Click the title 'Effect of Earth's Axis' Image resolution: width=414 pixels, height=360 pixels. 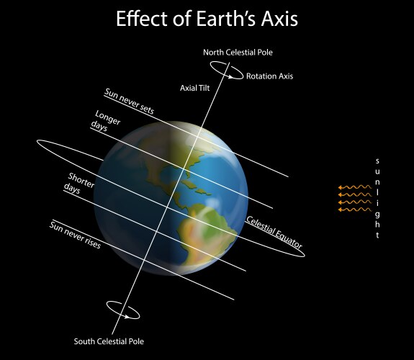[207, 19]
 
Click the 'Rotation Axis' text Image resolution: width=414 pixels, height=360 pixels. [270, 76]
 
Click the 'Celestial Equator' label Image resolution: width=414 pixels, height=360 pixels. [274, 233]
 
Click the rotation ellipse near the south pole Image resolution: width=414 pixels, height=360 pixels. [122, 310]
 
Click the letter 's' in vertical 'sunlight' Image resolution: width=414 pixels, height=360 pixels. [377, 161]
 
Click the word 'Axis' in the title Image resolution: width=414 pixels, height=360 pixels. [278, 19]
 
